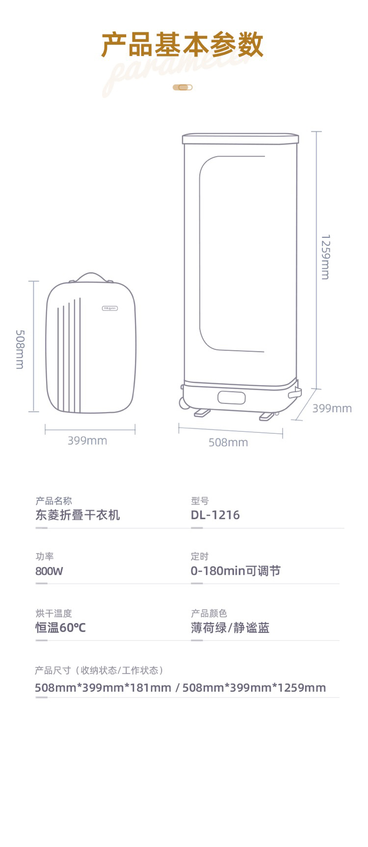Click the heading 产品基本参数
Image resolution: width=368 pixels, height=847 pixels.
183,45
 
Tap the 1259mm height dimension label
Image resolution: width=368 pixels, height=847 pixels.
325,257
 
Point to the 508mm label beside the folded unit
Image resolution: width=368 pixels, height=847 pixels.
20,349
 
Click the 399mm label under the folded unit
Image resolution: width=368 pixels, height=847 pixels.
87,441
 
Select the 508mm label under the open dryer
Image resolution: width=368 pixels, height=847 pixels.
228,442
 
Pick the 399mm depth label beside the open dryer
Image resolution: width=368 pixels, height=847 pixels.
332,408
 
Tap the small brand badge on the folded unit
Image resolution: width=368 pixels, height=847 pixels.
110,309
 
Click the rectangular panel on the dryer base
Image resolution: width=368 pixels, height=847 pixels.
231,397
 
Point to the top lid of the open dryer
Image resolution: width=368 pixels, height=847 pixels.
240,139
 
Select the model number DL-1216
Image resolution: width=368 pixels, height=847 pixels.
215,515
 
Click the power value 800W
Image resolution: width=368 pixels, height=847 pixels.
49,571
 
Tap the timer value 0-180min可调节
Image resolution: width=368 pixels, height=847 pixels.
236,571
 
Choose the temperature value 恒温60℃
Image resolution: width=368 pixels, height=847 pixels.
60,628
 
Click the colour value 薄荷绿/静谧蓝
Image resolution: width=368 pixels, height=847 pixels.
230,628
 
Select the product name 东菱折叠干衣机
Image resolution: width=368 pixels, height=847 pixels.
78,515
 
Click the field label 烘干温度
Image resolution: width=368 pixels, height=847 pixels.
53,613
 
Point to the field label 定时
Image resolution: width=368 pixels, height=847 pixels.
200,556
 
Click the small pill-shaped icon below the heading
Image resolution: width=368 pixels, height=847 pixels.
183,87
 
